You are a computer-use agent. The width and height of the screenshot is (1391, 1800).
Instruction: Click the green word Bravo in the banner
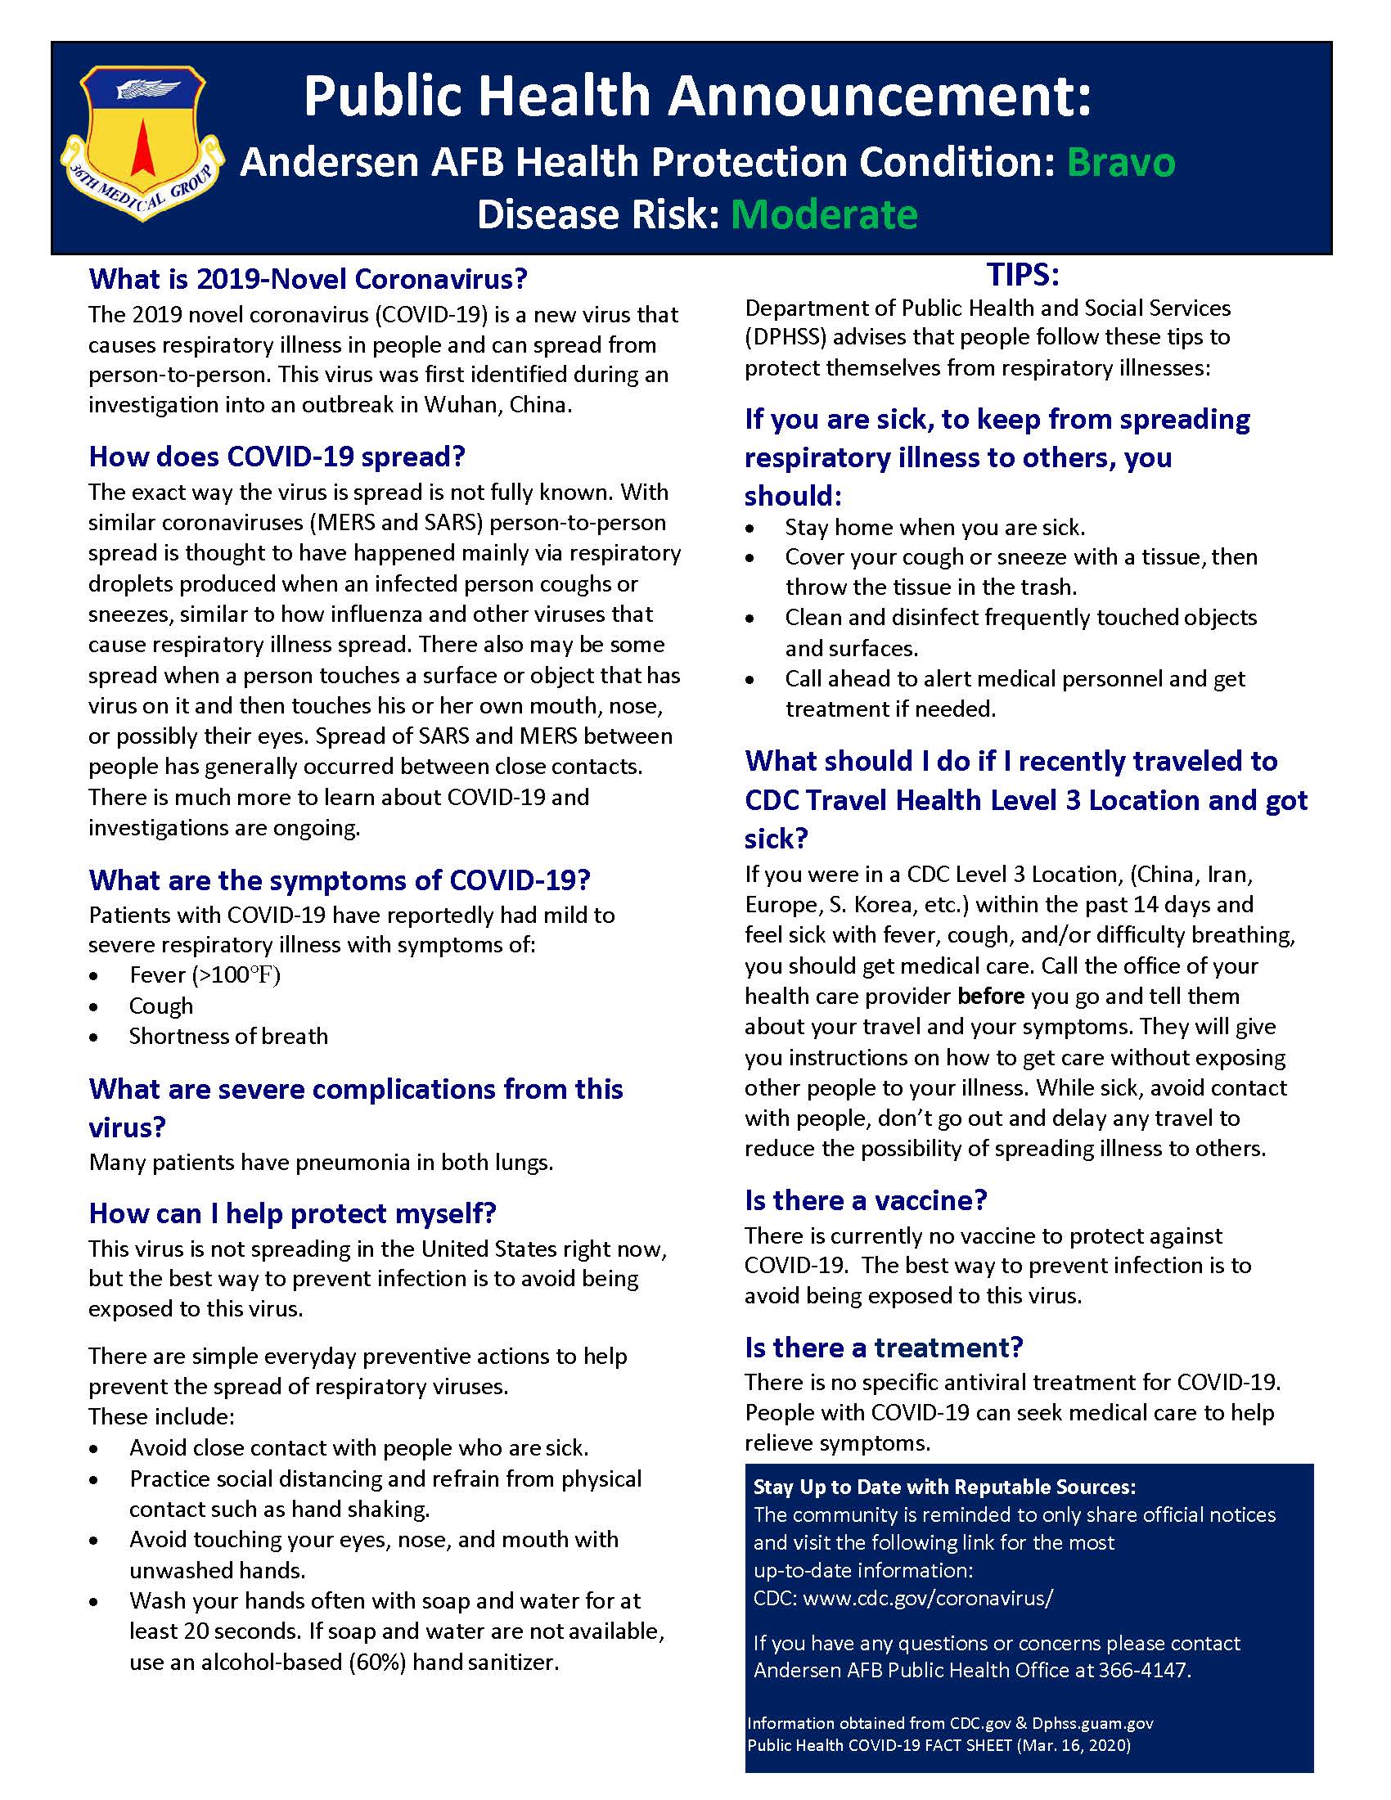click(1121, 162)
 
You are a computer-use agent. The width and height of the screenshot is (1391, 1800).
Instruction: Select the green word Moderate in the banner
click(824, 215)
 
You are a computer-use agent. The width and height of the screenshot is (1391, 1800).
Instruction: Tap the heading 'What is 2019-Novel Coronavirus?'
click(308, 279)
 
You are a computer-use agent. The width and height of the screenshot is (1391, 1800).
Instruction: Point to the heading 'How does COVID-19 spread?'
click(277, 457)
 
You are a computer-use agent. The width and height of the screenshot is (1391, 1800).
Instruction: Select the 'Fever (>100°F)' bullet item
click(205, 975)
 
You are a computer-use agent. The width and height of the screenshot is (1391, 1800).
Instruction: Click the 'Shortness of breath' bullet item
click(228, 1036)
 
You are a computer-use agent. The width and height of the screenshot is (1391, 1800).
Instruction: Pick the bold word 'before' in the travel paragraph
click(991, 997)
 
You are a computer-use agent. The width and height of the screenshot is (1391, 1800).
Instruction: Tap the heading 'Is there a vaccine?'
click(865, 1200)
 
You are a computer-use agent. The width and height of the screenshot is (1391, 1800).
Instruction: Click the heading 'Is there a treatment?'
click(884, 1348)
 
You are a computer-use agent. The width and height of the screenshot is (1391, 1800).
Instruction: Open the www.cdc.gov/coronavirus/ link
click(928, 1599)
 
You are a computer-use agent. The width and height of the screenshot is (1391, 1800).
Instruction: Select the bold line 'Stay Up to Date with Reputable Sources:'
click(944, 1487)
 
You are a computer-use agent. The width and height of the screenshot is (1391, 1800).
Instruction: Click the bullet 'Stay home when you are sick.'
click(934, 527)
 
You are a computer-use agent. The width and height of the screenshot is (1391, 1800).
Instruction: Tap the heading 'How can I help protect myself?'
click(293, 1213)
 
